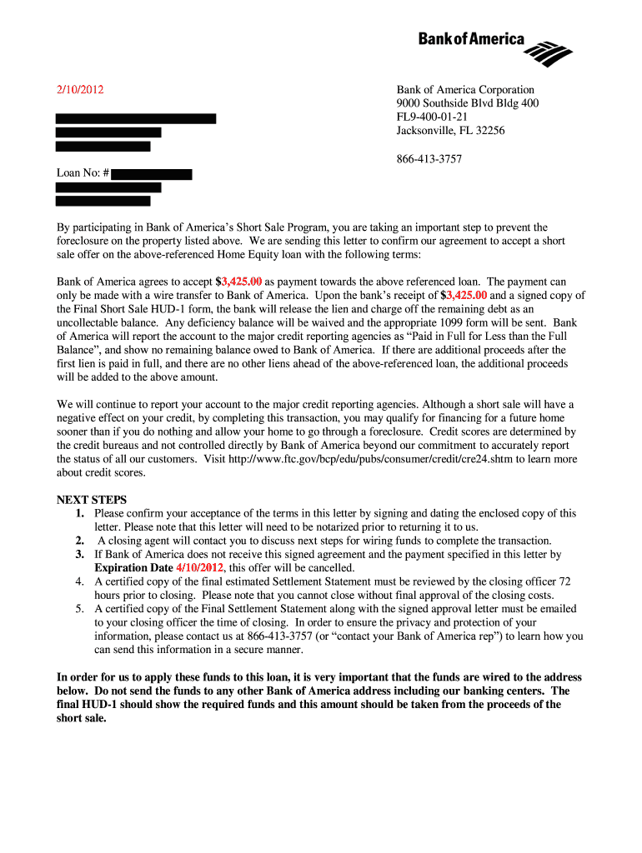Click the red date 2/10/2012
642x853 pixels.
click(x=80, y=90)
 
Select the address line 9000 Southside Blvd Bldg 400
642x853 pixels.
click(x=467, y=104)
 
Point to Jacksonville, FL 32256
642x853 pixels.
click(x=450, y=131)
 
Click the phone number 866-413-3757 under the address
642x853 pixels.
click(x=429, y=159)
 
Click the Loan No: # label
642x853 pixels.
click(x=83, y=173)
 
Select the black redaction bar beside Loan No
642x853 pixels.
click(x=151, y=174)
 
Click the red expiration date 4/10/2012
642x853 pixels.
click(x=199, y=568)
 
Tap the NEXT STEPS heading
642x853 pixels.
click(x=92, y=500)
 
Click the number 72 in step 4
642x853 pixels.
click(x=564, y=581)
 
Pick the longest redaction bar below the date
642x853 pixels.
click(x=135, y=118)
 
